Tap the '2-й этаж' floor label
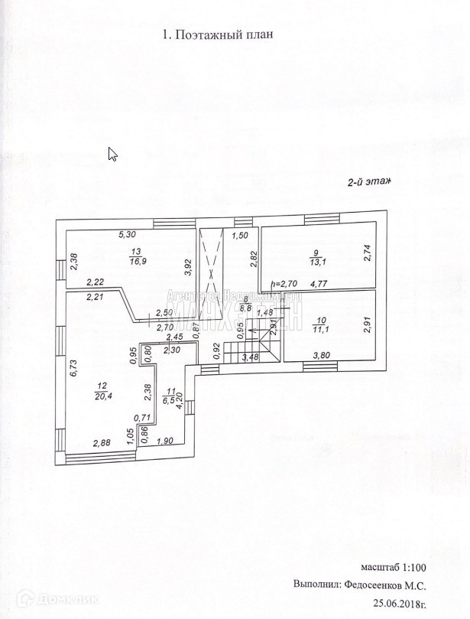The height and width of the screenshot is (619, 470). (x=370, y=181)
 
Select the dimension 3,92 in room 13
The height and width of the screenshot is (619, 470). (x=188, y=266)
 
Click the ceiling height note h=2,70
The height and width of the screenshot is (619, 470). (x=284, y=283)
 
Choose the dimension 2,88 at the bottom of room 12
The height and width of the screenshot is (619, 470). (x=102, y=442)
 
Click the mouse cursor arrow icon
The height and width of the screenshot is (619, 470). (x=112, y=154)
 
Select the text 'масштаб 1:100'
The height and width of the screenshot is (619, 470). (x=394, y=567)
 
